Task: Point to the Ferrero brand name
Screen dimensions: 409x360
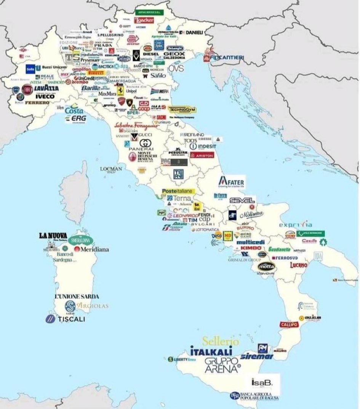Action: [37, 103]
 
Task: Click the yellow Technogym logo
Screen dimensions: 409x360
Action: [182, 109]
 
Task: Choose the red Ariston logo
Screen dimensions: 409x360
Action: [202, 156]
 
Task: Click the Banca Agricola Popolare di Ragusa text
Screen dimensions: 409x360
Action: [257, 396]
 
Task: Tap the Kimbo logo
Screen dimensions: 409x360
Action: [251, 248]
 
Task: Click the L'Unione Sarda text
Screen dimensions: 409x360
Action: [77, 296]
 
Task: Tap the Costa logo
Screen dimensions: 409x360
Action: [74, 111]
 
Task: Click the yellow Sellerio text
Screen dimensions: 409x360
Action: [221, 341]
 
